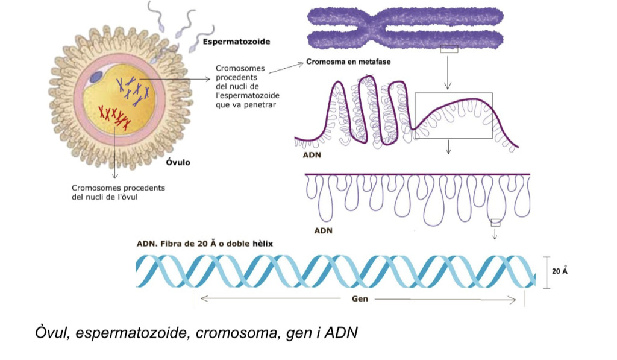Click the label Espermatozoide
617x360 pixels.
(x=236, y=42)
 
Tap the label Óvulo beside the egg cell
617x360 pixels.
(x=178, y=162)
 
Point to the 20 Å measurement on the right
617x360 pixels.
(x=560, y=271)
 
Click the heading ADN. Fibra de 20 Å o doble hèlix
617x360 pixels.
(x=205, y=244)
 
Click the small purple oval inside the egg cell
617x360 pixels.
(x=96, y=77)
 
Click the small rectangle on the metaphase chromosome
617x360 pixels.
(x=449, y=49)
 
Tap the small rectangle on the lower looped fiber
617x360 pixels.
(x=495, y=223)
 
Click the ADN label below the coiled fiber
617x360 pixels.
(x=312, y=155)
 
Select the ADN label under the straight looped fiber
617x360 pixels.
(x=323, y=230)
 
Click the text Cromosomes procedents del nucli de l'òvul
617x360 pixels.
(x=118, y=192)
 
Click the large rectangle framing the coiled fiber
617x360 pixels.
(x=453, y=115)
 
